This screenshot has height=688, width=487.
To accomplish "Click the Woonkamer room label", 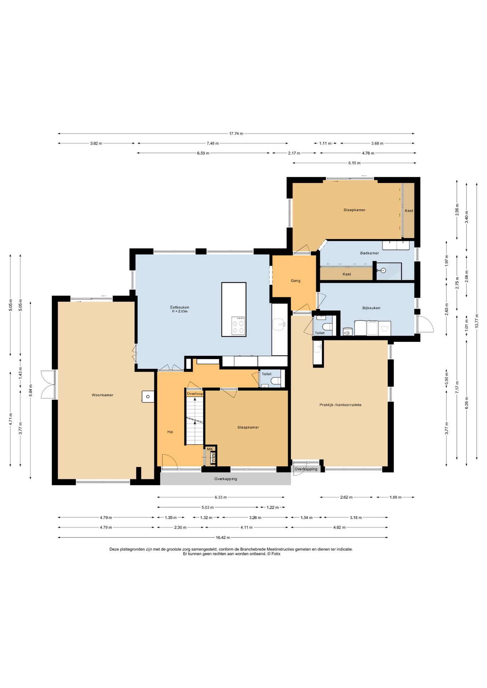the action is point(103,395).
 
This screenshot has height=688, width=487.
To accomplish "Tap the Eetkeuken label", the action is point(180,307).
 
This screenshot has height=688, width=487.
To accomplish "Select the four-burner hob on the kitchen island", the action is point(238,325).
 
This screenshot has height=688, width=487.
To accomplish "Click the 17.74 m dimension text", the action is point(236,134).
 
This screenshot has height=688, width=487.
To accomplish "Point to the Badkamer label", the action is point(369,253).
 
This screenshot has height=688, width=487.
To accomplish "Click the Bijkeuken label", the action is point(371,308).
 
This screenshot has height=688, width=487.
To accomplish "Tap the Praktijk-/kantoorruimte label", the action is point(340,405).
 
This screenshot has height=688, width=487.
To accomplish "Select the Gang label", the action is point(295,281).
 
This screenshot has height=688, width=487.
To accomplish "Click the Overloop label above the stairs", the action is point(195,394).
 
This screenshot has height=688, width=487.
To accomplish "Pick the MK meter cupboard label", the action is point(210,449).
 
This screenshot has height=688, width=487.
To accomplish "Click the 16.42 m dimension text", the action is point(223,537).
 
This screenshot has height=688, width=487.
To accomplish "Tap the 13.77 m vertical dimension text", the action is point(477,321).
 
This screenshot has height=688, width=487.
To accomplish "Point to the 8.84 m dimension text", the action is point(30,391).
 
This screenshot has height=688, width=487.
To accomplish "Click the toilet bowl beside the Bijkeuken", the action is point(327,326).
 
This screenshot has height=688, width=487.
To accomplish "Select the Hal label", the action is point(170,432).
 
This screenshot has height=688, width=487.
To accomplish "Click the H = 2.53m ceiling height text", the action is point(180,311).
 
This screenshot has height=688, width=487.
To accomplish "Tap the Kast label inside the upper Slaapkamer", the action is point(409,211).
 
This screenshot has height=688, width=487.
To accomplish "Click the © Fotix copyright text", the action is point(274,554).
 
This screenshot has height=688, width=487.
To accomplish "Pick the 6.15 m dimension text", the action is point(354,163).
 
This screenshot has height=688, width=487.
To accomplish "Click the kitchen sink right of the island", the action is point(279,325).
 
